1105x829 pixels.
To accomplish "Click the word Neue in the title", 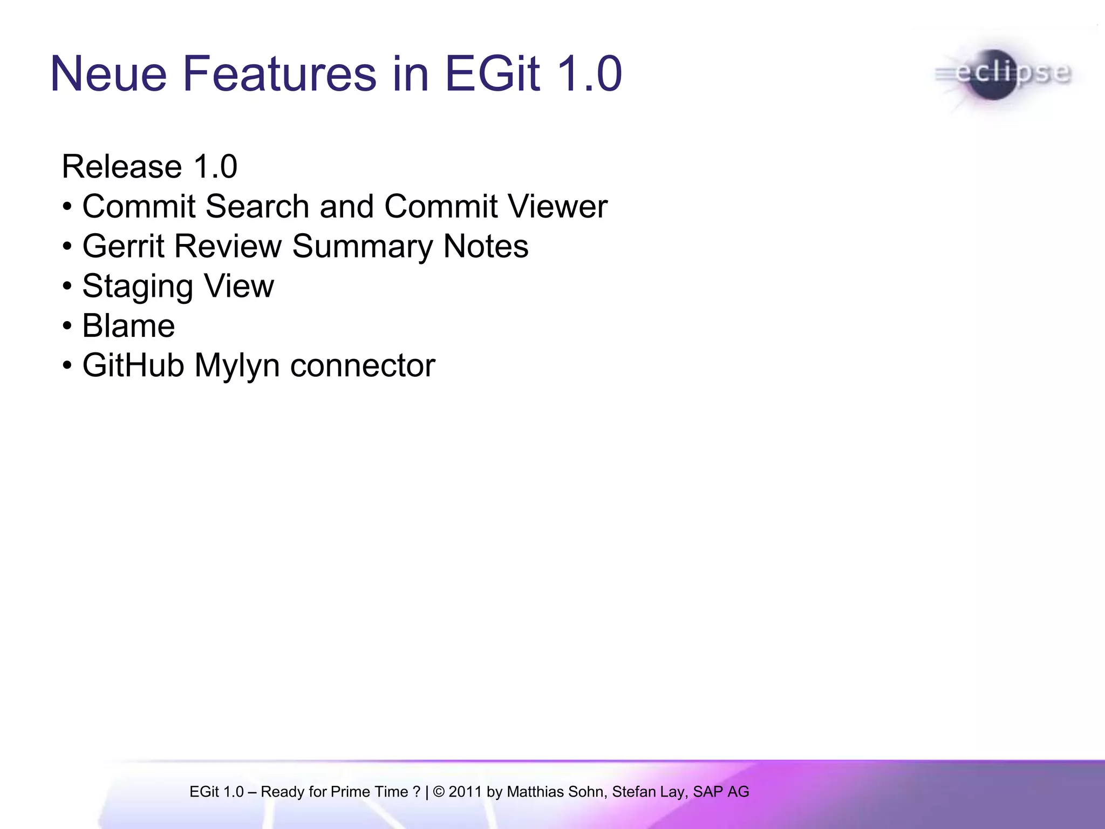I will (108, 74).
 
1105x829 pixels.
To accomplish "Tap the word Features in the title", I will (279, 74).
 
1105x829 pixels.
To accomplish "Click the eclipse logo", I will (1004, 74).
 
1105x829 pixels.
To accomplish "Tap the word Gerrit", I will (123, 246).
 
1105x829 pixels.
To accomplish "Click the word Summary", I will (362, 246).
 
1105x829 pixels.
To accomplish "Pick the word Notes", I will (486, 246).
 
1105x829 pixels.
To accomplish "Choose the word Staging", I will (137, 286).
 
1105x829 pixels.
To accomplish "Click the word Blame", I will (128, 326).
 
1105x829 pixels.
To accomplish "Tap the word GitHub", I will (133, 365).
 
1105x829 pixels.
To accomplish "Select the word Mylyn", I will (237, 365).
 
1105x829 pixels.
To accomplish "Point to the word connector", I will (363, 365).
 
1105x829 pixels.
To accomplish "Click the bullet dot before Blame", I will (67, 327).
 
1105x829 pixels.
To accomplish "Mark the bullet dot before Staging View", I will (67, 287).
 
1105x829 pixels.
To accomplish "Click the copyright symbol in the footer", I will (439, 792).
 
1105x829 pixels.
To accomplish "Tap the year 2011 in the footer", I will (465, 792).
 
